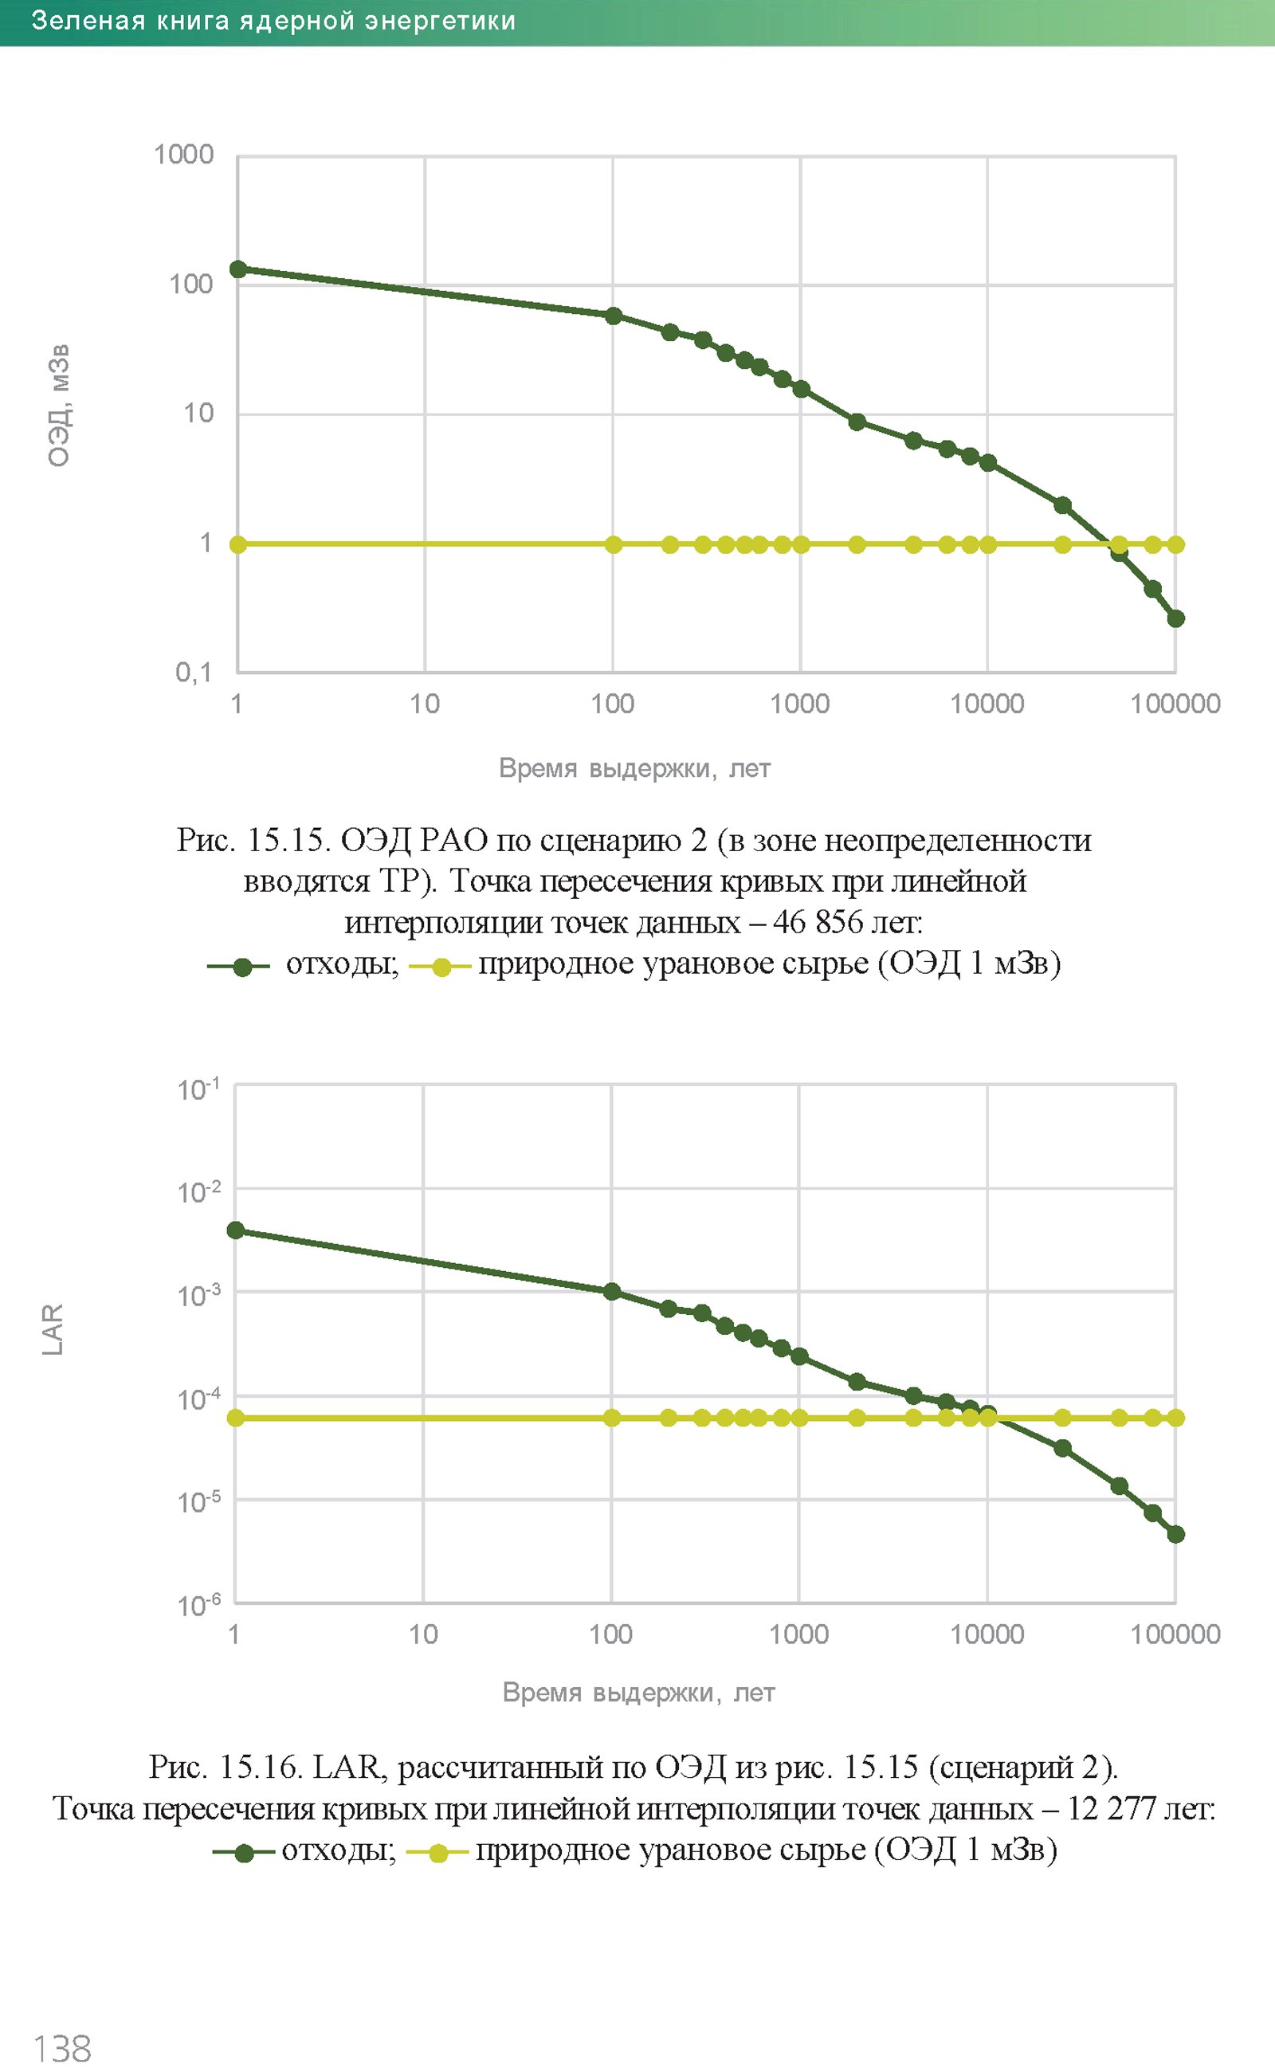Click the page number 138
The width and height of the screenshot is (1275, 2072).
[61, 2047]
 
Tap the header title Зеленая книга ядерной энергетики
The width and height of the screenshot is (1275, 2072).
[273, 21]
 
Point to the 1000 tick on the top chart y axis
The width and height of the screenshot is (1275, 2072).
[184, 155]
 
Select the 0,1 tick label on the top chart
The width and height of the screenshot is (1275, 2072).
[193, 672]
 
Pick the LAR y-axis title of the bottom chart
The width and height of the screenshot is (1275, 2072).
[53, 1330]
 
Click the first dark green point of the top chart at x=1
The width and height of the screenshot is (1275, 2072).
[237, 269]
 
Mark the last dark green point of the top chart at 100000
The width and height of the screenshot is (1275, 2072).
[1175, 618]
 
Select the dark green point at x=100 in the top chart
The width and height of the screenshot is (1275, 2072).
[614, 316]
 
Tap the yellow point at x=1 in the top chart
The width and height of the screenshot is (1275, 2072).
[237, 545]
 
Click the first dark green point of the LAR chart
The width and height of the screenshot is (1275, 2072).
[236, 1230]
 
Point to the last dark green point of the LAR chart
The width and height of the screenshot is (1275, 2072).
[1175, 1534]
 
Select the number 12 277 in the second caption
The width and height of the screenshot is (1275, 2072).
[1110, 1809]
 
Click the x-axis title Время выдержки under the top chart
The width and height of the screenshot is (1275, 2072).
[634, 768]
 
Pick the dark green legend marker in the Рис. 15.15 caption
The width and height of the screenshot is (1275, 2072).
[242, 967]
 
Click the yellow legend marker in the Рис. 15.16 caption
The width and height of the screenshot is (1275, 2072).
[438, 1853]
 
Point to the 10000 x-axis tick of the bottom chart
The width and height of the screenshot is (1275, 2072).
[987, 1634]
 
